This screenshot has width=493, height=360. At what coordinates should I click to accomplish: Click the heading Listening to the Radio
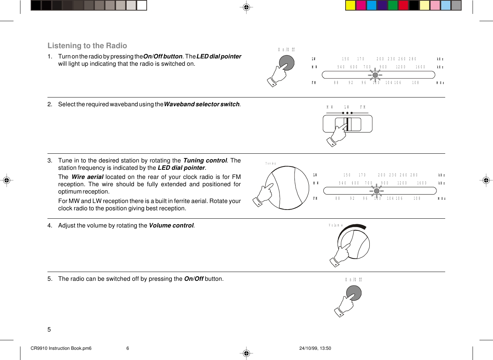[x=87, y=46]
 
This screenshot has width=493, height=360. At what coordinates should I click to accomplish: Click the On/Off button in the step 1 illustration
[x=287, y=62]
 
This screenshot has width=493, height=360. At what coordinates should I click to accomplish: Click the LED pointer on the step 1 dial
[x=375, y=75]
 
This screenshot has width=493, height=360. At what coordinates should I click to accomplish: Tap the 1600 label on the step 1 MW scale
[x=420, y=67]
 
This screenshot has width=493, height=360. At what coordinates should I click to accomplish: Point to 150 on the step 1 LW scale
[x=346, y=59]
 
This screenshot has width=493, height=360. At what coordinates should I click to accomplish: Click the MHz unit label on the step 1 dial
[x=440, y=83]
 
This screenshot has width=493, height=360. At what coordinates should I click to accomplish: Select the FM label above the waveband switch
[x=363, y=107]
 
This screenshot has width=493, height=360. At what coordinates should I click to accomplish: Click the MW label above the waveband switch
[x=330, y=107]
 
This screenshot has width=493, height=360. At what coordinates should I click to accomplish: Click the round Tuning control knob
[x=287, y=188]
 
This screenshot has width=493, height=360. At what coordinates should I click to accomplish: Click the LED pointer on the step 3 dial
[x=377, y=191]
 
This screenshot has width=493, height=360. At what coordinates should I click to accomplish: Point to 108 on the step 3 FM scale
[x=417, y=199]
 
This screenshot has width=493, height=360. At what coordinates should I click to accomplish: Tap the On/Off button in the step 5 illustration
[x=354, y=293]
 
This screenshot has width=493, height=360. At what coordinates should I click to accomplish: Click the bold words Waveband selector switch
[x=201, y=104]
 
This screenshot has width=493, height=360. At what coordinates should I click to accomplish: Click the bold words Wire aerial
[x=87, y=177]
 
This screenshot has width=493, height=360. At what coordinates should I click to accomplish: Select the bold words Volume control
[x=171, y=226]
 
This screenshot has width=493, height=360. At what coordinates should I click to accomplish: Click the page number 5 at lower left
[x=49, y=330]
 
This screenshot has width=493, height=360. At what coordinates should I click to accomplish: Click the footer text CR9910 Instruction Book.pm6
[x=61, y=348]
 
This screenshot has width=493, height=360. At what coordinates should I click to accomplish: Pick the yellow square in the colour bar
[x=350, y=5]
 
